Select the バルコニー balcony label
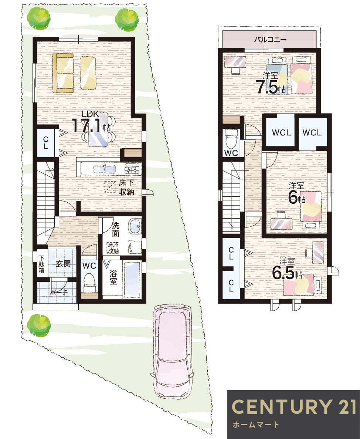pos(270,39)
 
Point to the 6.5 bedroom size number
pos(283,273)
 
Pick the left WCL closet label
pos(281,133)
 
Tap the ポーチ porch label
pos(59,292)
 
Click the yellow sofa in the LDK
pos(64,72)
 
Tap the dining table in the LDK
pos(99,129)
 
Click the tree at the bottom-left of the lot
pos(38,324)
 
